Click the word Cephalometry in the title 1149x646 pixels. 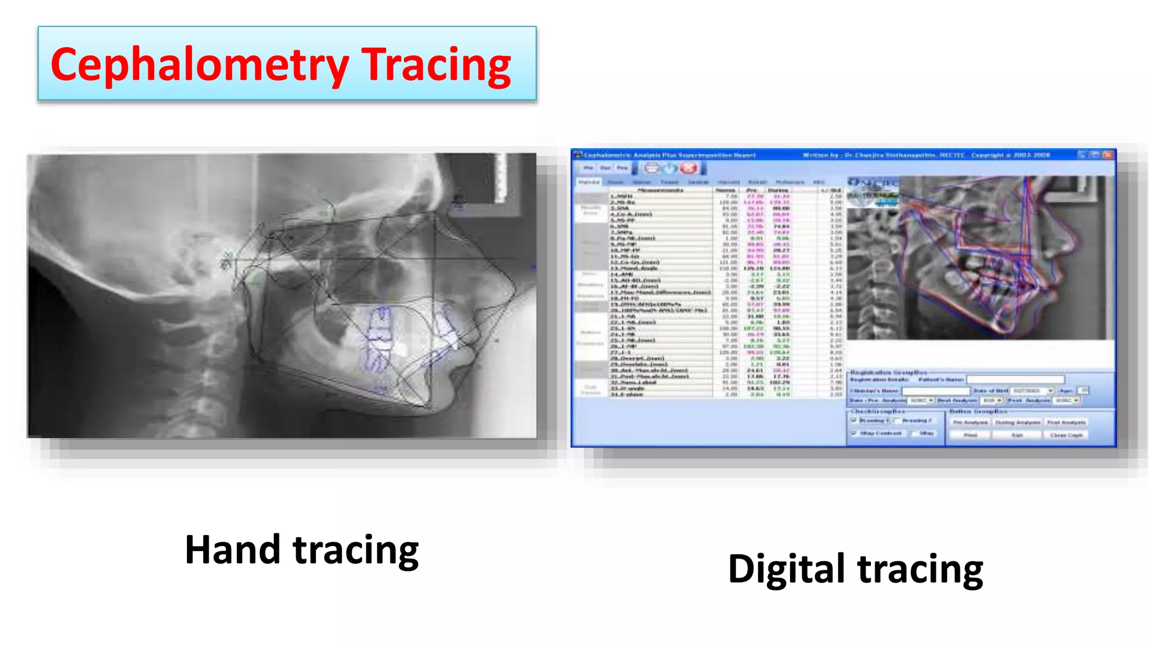click(x=199, y=65)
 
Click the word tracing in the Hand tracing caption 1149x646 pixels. click(x=356, y=551)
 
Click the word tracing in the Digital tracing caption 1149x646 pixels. click(x=920, y=570)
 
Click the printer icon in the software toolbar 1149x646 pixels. click(x=651, y=168)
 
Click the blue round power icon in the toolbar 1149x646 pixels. click(x=670, y=168)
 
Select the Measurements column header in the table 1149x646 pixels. click(x=660, y=190)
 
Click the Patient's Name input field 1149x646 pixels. click(x=1015, y=380)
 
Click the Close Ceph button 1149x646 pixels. click(x=1066, y=435)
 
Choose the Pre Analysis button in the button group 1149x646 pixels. click(x=970, y=422)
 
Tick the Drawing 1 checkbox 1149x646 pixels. click(x=854, y=420)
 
